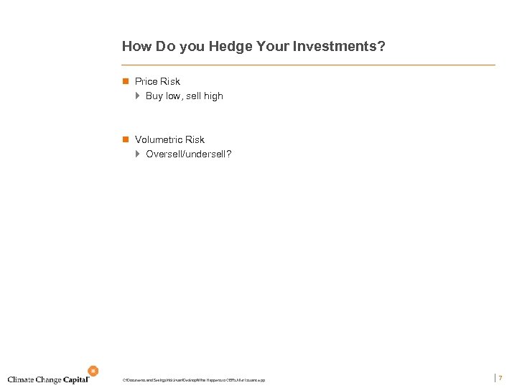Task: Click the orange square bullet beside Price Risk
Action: pyautogui.click(x=125, y=81)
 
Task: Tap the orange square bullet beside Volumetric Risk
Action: pyautogui.click(x=125, y=139)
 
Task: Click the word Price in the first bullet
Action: pyautogui.click(x=146, y=81)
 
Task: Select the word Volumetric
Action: pyautogui.click(x=159, y=139)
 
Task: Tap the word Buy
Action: pyautogui.click(x=154, y=96)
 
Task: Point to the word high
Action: pyautogui.click(x=213, y=96)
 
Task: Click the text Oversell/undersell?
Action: pyautogui.click(x=189, y=154)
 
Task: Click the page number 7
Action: pyautogui.click(x=500, y=378)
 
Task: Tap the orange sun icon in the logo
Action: pyautogui.click(x=93, y=371)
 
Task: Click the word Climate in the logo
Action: pyautogui.click(x=22, y=379)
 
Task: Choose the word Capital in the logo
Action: pyautogui.click(x=75, y=379)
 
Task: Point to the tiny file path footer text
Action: pyautogui.click(x=194, y=379)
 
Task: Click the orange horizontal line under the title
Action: pyautogui.click(x=309, y=65)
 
